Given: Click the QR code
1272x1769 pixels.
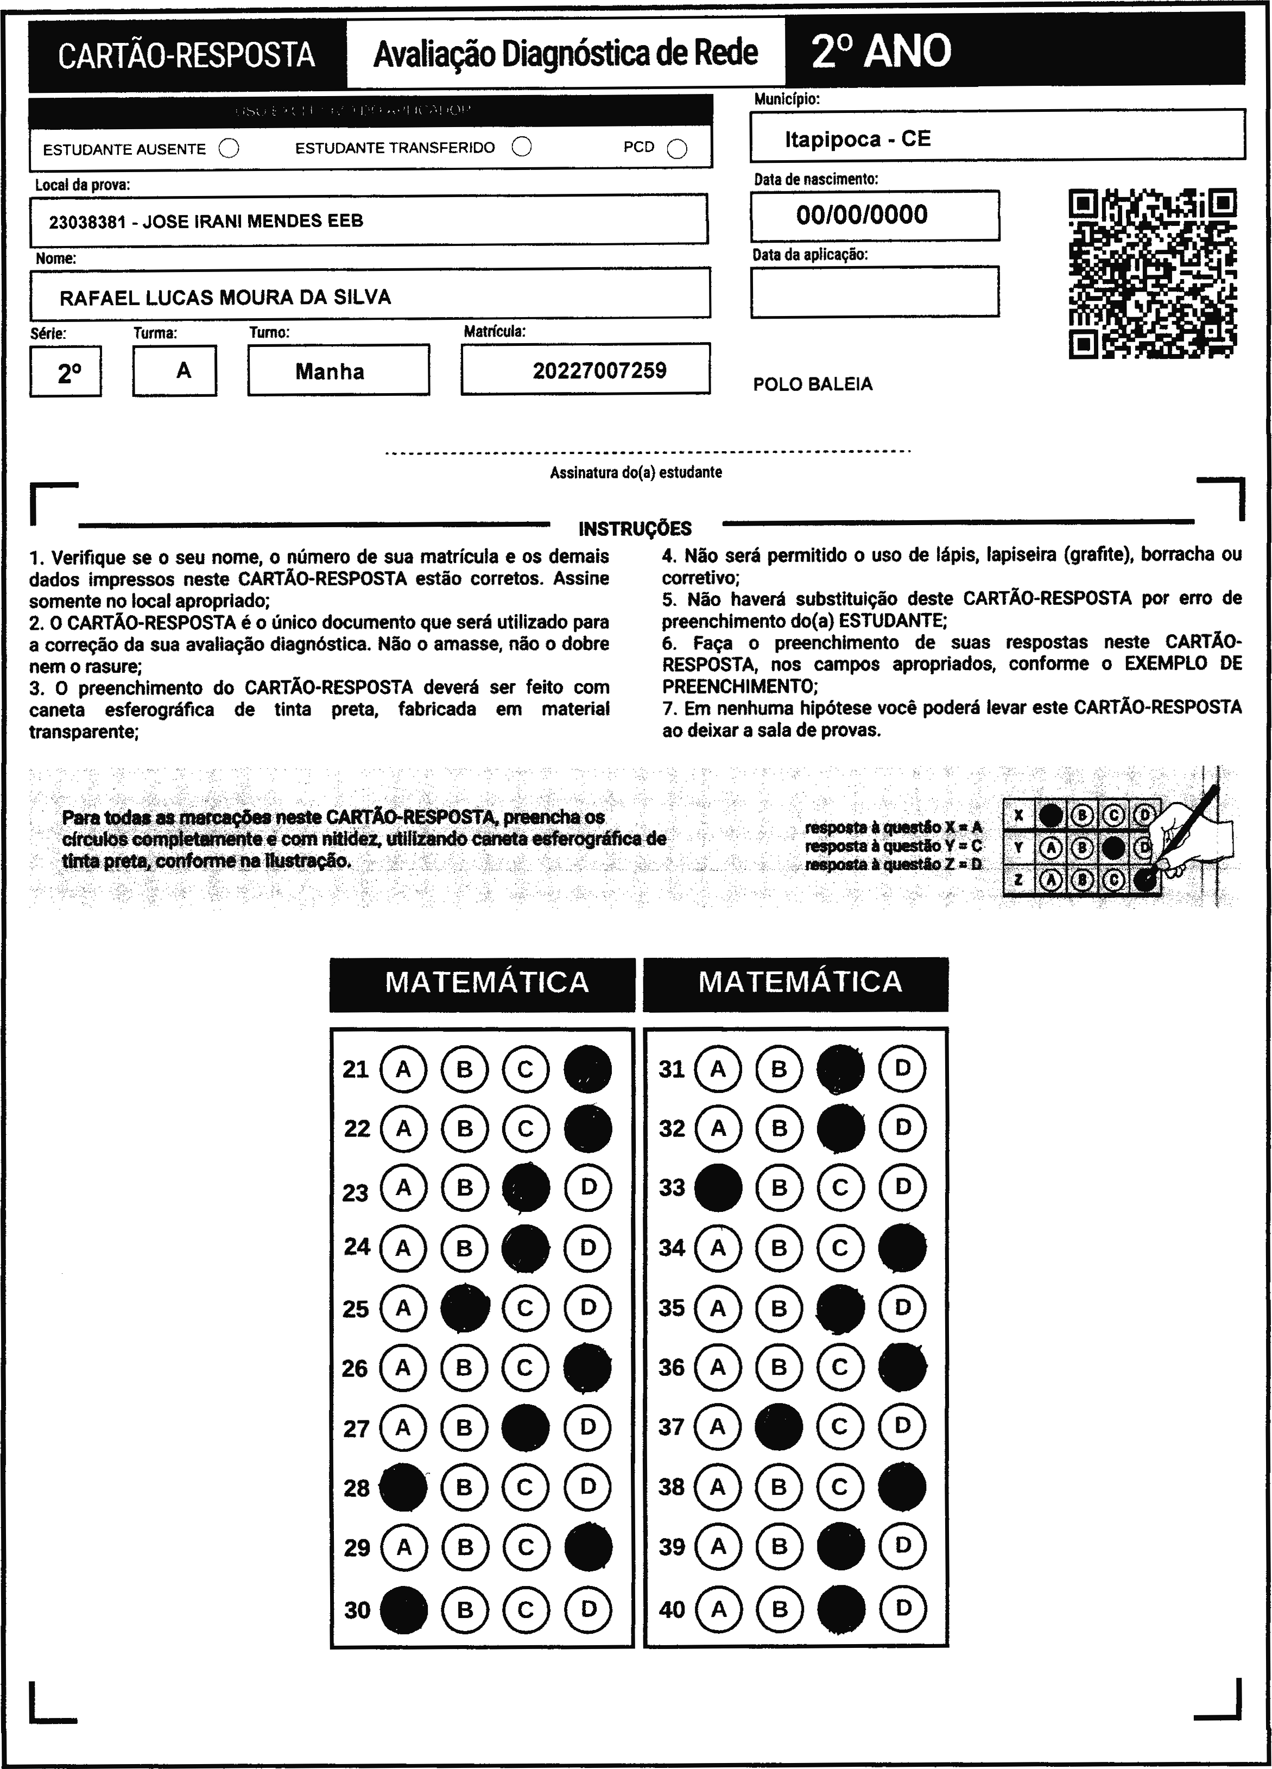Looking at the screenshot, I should coord(1152,273).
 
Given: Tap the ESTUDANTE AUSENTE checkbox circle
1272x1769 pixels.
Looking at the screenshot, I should coord(229,148).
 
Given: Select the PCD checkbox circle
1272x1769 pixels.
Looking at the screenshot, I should coord(677,149).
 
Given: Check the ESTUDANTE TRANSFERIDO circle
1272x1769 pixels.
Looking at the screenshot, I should coord(522,147).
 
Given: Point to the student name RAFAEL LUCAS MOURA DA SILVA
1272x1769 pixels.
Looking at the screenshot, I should coord(225,297).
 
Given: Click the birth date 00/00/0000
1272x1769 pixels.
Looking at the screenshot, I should coord(862,214).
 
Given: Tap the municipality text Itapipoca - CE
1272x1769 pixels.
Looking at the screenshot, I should coord(857,139).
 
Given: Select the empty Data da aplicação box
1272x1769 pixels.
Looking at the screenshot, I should coord(874,292).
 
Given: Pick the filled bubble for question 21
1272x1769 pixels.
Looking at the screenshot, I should coord(587,1069).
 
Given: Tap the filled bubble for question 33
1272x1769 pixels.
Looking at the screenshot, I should coord(718,1187).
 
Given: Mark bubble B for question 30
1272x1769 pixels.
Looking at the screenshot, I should coord(465,1609).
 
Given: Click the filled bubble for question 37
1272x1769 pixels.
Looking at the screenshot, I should coord(779,1426).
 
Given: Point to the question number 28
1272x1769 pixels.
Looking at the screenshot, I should coord(356,1488).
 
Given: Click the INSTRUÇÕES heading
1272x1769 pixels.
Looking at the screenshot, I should coord(635,529).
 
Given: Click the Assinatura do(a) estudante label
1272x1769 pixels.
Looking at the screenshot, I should coord(636,472).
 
